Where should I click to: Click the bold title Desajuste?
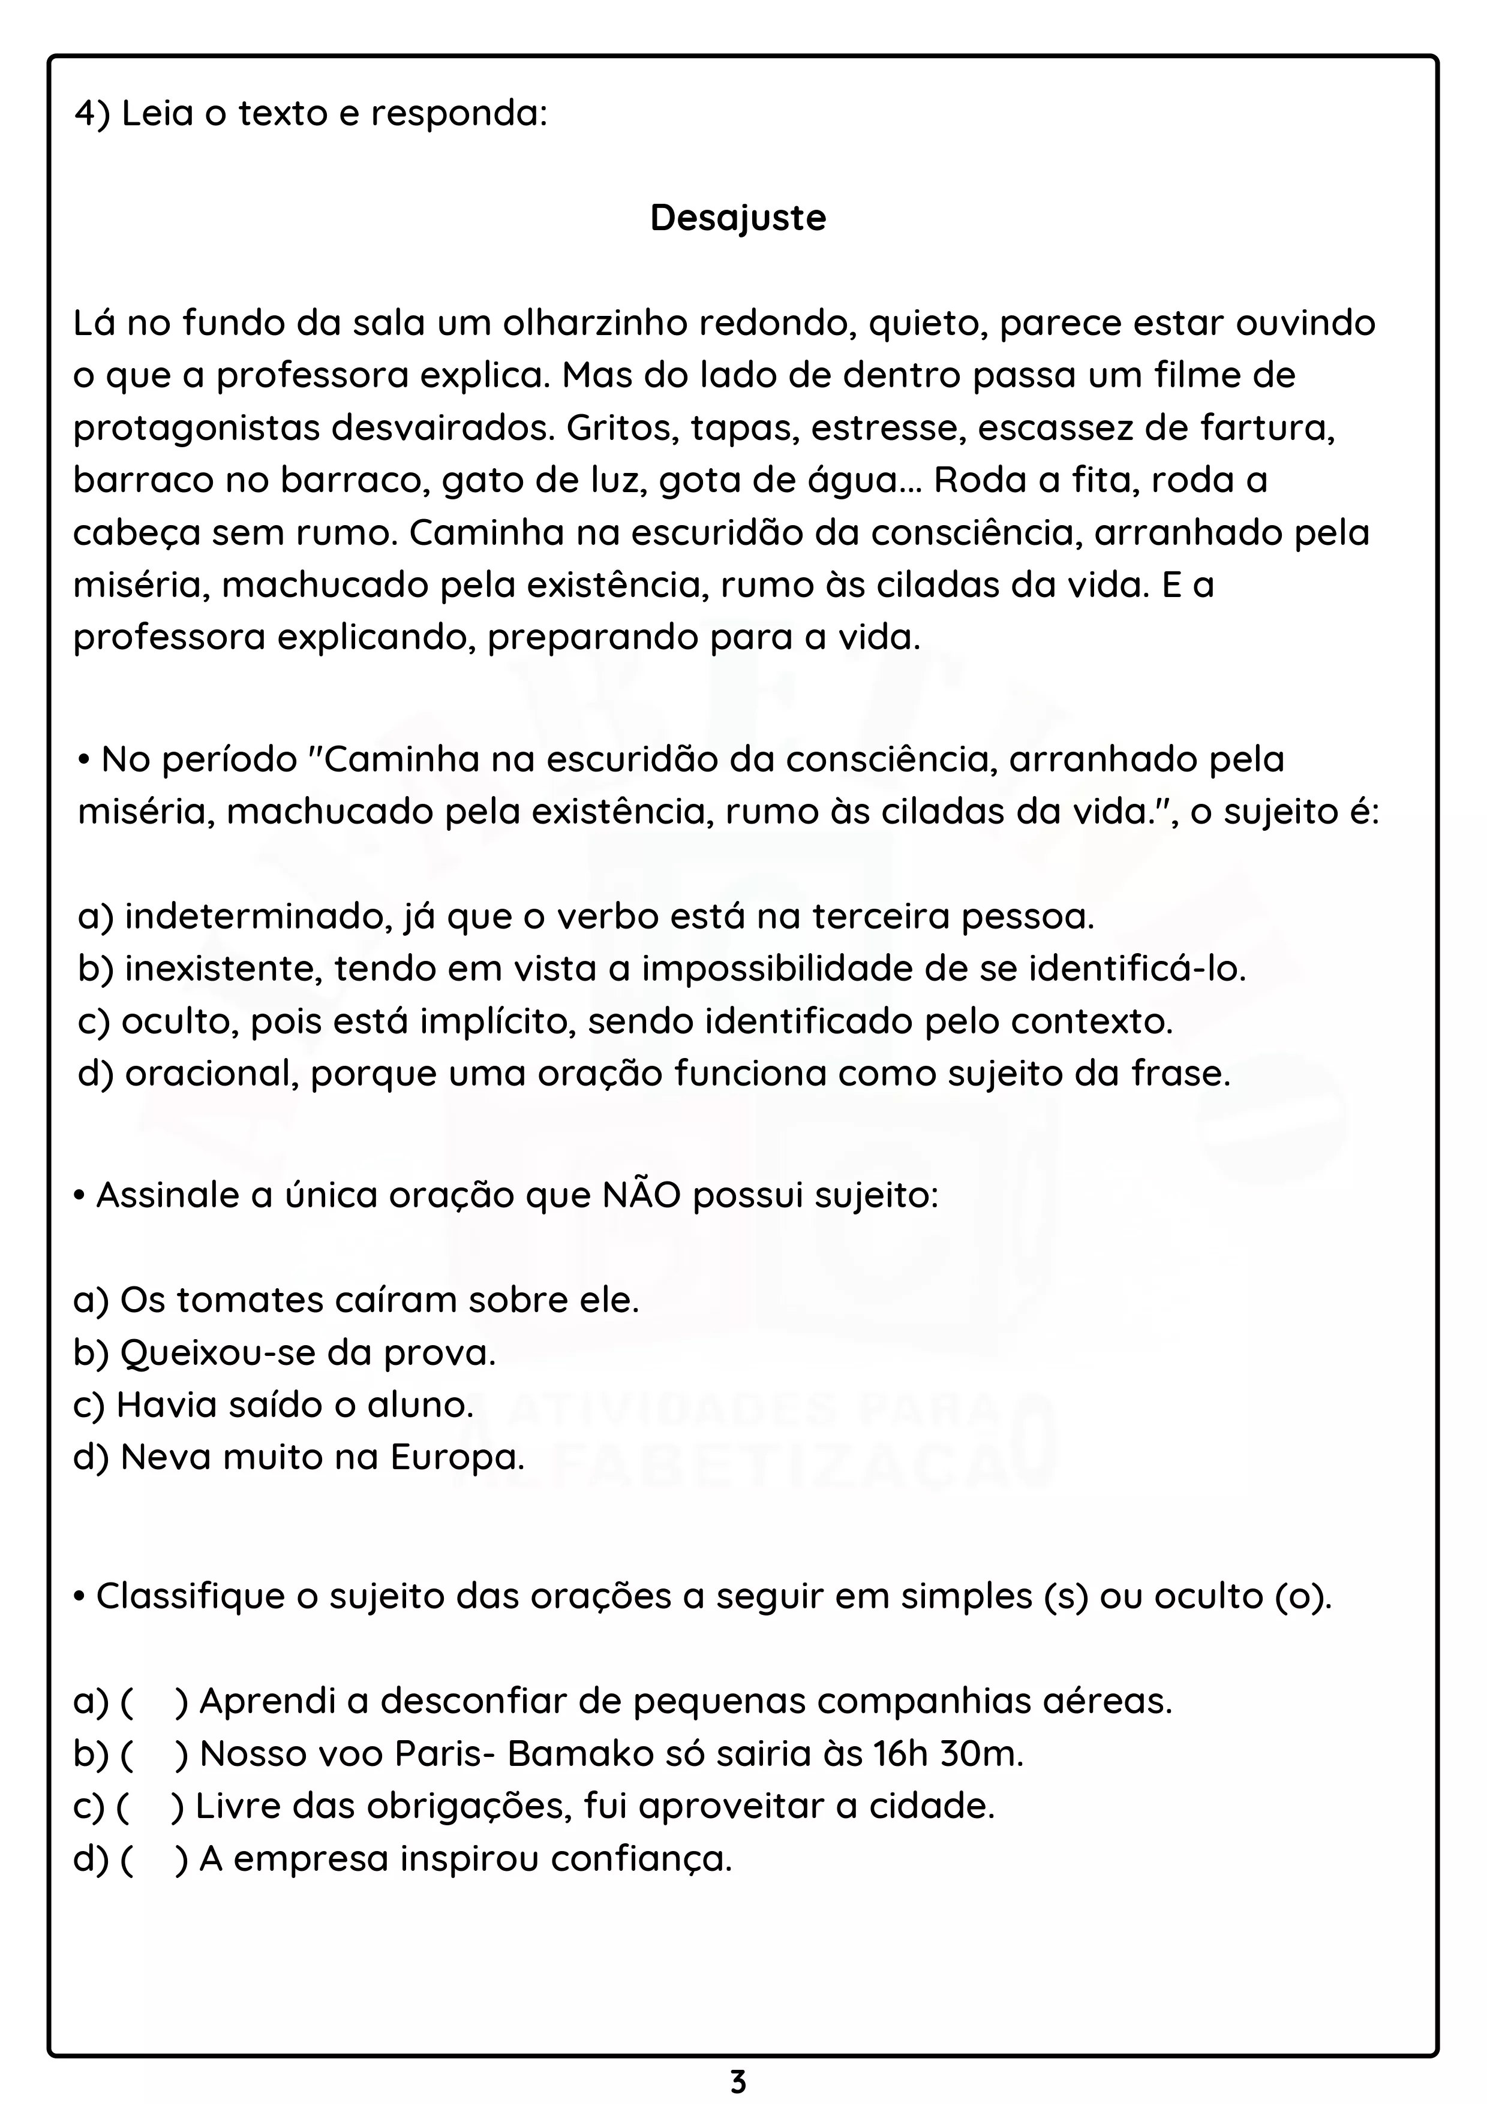click(738, 218)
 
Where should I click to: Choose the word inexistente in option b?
click(223, 969)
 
